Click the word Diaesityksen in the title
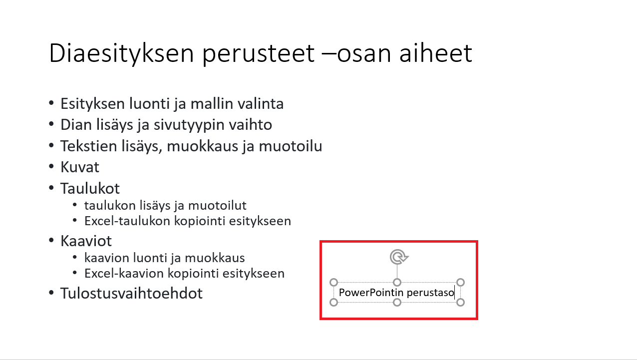121,53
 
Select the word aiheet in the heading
436,53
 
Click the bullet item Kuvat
80,167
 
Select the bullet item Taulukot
90,188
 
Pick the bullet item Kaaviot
86,241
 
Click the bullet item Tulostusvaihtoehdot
131,293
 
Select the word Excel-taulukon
127,221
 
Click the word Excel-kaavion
124,274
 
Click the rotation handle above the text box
399,257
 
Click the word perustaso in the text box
430,293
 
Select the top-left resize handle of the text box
333,283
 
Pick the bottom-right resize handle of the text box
460,302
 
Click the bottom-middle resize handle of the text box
397,302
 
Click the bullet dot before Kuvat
51,166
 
